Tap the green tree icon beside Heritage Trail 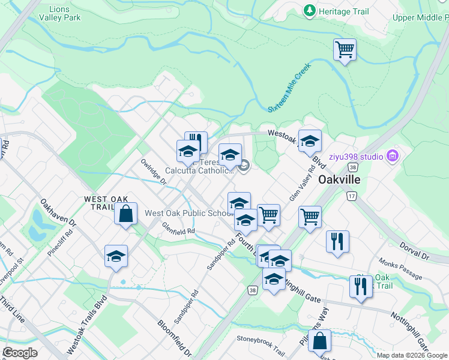pos(310,10)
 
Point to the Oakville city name pos(339,179)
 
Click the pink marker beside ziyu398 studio pos(394,157)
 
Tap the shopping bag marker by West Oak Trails pos(126,214)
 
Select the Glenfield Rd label pos(178,228)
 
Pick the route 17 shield pos(351,196)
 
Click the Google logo pos(20,353)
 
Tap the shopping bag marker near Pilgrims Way pos(321,341)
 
